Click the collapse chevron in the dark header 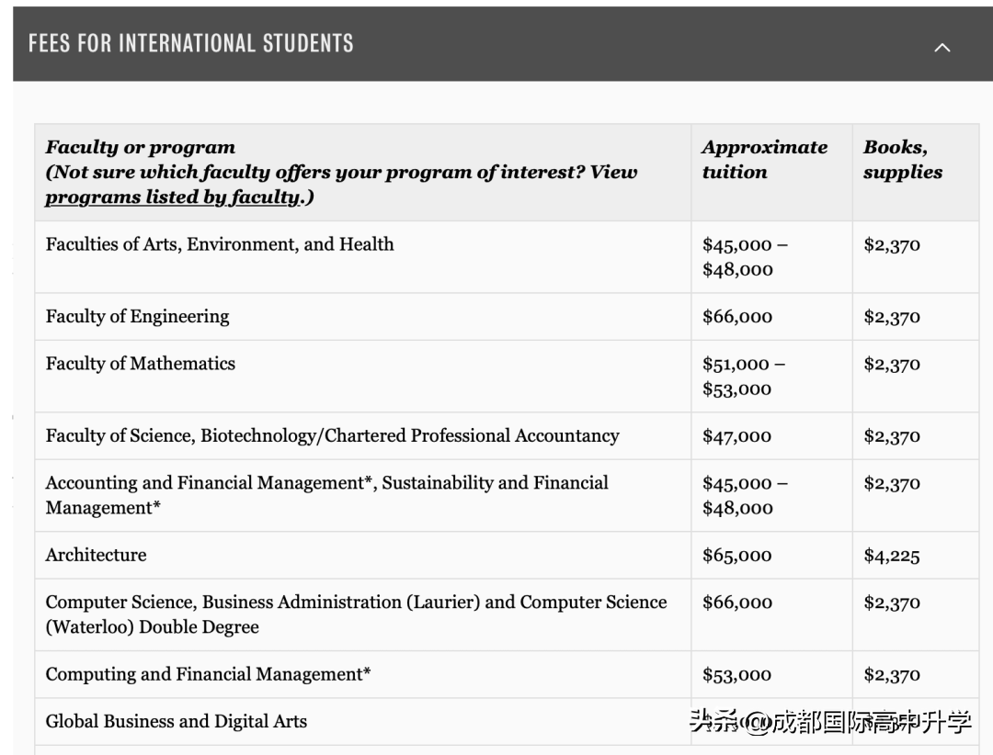click(942, 47)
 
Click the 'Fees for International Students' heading click(191, 43)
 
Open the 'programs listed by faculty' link click(172, 197)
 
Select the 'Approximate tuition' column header click(764, 159)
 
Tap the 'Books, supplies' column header click(902, 159)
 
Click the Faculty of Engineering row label click(138, 316)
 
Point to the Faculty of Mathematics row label click(141, 363)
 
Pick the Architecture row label click(96, 555)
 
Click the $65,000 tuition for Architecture click(736, 556)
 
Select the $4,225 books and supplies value click(891, 556)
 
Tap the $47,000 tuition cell click(736, 436)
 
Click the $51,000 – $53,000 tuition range click(743, 376)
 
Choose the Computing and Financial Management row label click(208, 674)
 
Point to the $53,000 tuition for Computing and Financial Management click(736, 675)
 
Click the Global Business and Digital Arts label click(177, 721)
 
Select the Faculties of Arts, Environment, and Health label click(220, 244)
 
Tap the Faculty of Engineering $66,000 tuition click(736, 317)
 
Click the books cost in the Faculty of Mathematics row click(891, 364)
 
